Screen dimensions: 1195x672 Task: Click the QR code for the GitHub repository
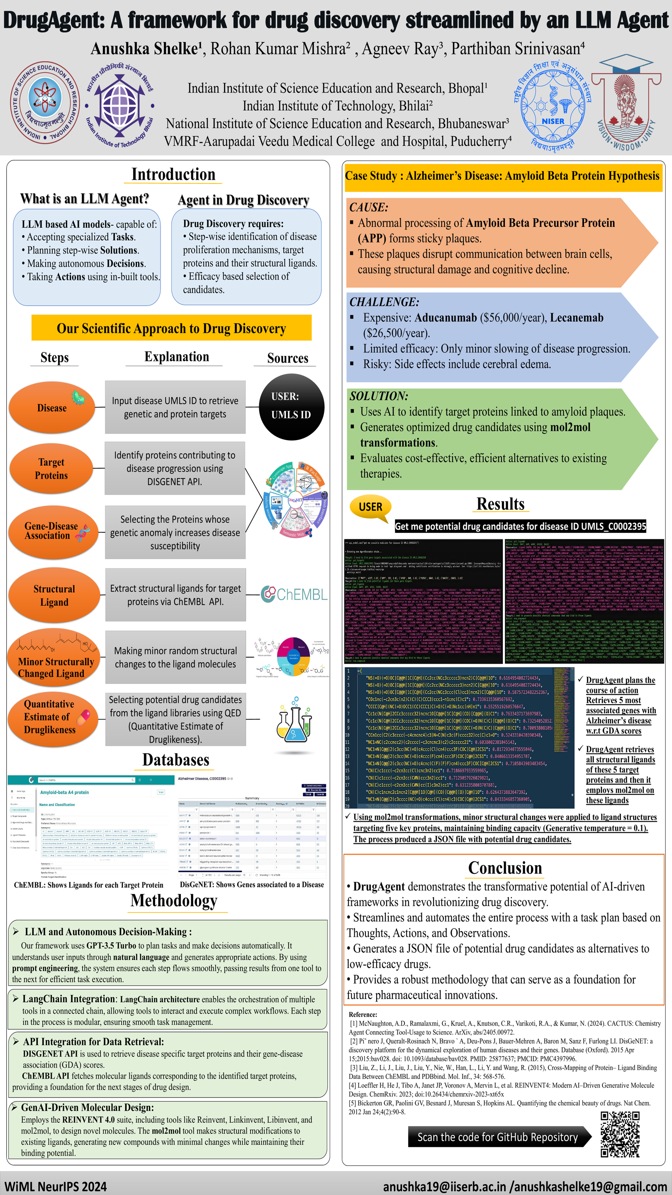point(620,1134)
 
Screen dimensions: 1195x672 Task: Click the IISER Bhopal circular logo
point(45,102)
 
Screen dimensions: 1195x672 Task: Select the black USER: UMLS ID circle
point(291,406)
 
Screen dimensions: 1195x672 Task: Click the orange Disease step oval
point(52,407)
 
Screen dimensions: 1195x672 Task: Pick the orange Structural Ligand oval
point(54,595)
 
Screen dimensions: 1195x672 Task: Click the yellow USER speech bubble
point(370,507)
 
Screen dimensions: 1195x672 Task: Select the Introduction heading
point(173,174)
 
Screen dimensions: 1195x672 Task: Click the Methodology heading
point(174,900)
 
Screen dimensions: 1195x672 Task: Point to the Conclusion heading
point(504,868)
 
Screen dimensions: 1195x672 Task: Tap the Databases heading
point(176,760)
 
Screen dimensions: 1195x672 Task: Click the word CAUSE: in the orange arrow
point(369,207)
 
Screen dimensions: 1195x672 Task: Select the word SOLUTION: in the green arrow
point(379,396)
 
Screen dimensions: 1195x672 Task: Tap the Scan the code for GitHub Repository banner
point(497,1137)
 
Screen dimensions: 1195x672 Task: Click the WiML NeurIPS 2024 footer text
point(55,1186)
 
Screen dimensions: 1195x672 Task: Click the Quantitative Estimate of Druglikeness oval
point(50,717)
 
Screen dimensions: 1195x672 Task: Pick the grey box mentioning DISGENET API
point(175,468)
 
